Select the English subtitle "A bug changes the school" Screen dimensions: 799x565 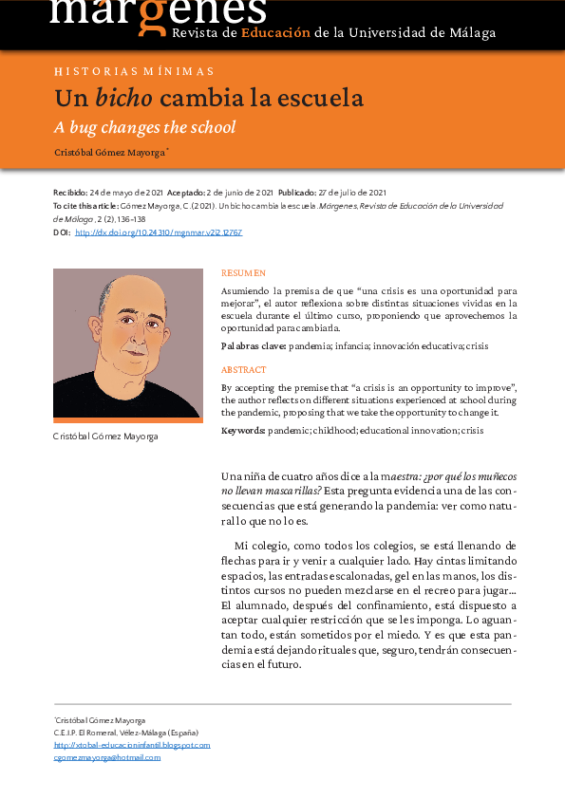pyautogui.click(x=144, y=127)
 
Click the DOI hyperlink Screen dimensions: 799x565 pyautogui.click(x=159, y=232)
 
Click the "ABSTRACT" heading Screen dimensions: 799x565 pyautogui.click(x=243, y=370)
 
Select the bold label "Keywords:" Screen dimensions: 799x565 pyautogui.click(x=243, y=431)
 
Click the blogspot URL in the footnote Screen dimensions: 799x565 pyautogui.click(x=132, y=745)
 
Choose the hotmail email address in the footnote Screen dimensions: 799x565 pyautogui.click(x=106, y=757)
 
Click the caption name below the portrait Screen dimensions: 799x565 pyautogui.click(x=105, y=437)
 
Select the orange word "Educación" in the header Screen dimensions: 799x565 pyautogui.click(x=275, y=32)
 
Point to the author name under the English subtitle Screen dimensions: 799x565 pyautogui.click(x=108, y=152)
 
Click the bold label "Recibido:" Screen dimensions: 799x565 pyautogui.click(x=69, y=192)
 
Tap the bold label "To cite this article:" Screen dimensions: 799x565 pyautogui.click(x=86, y=205)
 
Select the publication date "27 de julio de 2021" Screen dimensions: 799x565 pyautogui.click(x=351, y=192)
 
